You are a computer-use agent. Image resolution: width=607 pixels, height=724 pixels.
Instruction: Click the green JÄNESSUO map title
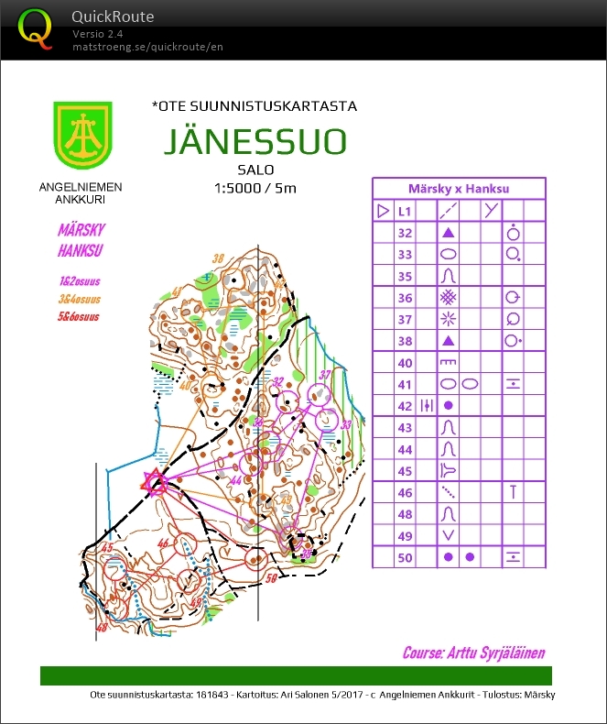click(x=255, y=142)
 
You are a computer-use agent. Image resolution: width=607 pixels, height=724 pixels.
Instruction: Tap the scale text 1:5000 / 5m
click(x=255, y=188)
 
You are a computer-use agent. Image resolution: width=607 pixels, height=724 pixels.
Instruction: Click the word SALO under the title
click(x=255, y=170)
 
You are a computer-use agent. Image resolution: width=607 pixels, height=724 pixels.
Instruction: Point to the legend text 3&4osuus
click(x=79, y=299)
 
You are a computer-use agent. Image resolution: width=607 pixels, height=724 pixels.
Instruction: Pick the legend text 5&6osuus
click(x=79, y=317)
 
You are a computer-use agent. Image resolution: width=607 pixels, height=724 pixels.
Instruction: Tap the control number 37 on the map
click(x=324, y=374)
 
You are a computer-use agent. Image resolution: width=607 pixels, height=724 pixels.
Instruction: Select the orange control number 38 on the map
click(x=217, y=258)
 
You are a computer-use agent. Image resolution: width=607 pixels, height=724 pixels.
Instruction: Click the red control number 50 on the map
click(x=271, y=579)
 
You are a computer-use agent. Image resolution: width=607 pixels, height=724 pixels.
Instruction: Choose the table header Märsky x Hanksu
click(x=458, y=188)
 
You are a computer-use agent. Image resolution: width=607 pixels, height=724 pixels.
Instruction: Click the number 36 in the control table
click(x=405, y=298)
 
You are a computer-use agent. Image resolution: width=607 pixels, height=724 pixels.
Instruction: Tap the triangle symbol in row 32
click(x=449, y=233)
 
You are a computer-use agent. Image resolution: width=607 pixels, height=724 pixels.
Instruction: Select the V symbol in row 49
click(x=449, y=535)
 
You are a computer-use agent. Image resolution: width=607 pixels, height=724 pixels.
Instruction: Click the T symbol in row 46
click(x=514, y=492)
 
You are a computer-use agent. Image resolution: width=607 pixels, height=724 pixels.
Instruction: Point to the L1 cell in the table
click(x=405, y=211)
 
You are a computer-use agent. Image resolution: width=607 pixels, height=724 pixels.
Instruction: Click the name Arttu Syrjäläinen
click(x=473, y=653)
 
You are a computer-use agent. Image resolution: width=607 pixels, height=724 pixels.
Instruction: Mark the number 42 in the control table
click(x=405, y=405)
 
